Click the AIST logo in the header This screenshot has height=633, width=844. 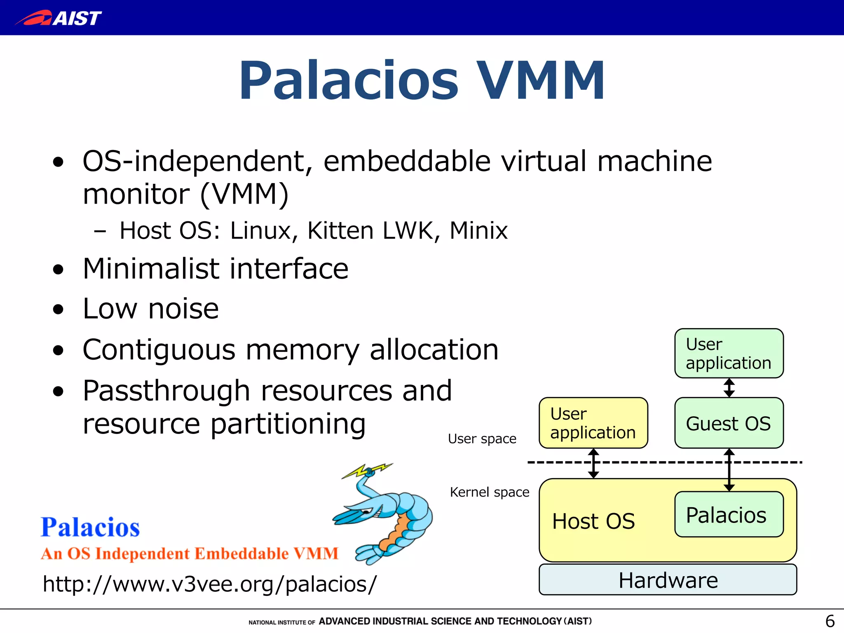point(59,18)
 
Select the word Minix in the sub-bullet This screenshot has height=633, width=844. point(478,230)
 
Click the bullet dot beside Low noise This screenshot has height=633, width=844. point(59,309)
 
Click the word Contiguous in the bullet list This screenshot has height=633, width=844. point(159,350)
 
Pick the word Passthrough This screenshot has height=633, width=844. point(166,391)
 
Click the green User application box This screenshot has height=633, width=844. point(729,353)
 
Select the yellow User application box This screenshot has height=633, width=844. point(593,423)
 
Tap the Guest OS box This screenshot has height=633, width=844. point(729,423)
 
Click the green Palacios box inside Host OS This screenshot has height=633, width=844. point(729,514)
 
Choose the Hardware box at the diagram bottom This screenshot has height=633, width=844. point(668,580)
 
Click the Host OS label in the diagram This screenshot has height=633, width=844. point(593,521)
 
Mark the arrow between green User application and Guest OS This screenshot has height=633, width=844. point(729,388)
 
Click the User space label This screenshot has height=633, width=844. point(482,439)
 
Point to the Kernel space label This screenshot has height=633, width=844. point(489,492)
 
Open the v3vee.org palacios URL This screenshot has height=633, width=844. point(209,584)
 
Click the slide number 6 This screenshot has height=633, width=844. point(830,621)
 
